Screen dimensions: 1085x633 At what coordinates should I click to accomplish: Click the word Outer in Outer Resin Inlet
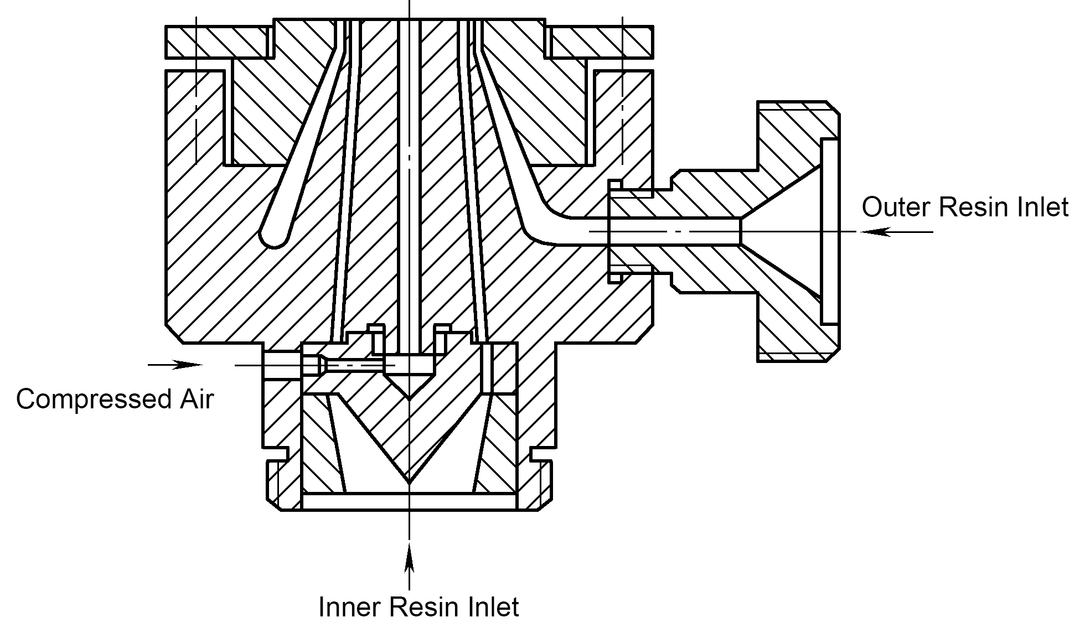point(896,207)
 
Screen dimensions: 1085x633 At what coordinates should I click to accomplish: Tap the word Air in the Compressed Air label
point(194,398)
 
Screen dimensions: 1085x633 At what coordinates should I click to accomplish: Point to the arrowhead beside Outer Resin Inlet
point(875,232)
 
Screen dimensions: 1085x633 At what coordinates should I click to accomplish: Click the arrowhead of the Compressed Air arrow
point(188,365)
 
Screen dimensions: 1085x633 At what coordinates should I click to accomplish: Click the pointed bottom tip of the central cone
point(409,483)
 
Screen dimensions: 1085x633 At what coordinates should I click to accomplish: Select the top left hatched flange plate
point(220,41)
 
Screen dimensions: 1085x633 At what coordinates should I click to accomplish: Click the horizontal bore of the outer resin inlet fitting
point(674,231)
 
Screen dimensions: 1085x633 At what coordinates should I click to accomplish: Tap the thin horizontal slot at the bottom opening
point(409,501)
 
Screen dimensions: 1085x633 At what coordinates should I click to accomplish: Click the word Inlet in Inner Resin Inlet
point(494,607)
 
